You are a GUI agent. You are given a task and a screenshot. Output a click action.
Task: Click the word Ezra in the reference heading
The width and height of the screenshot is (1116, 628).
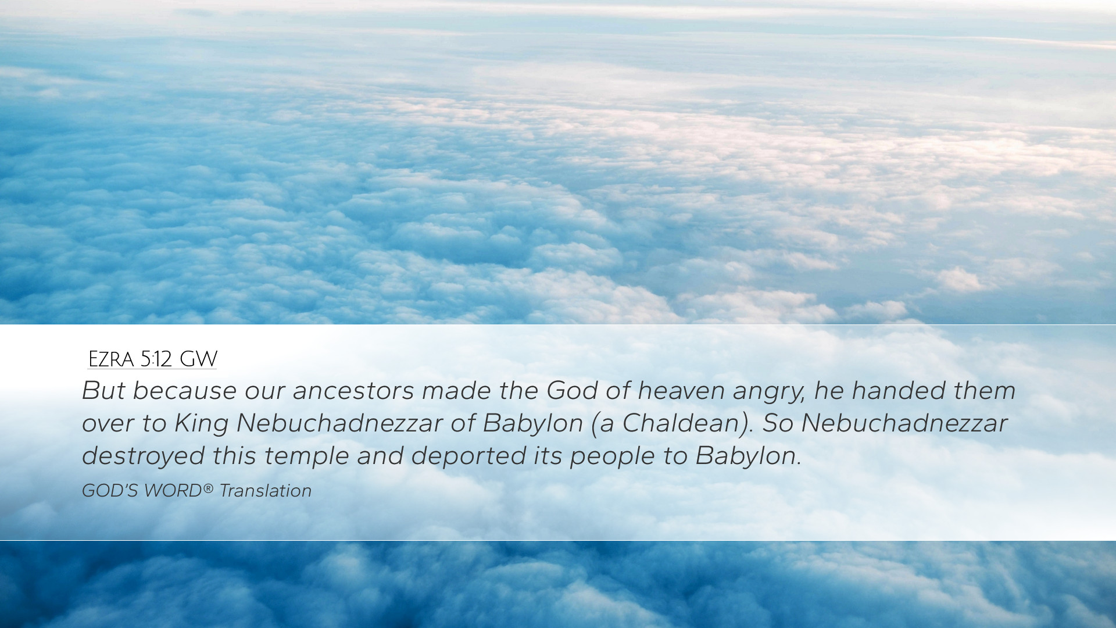(111, 359)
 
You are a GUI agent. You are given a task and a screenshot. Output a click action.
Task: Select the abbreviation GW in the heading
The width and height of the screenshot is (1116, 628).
(198, 359)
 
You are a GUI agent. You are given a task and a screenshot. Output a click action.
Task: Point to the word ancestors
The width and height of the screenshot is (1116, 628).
(353, 391)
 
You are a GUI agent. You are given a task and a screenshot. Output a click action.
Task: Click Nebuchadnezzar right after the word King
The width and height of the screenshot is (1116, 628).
(339, 423)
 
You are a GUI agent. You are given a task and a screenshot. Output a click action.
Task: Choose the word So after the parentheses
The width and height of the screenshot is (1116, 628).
(778, 423)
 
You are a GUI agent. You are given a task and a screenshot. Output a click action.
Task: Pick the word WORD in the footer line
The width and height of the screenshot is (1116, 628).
(172, 491)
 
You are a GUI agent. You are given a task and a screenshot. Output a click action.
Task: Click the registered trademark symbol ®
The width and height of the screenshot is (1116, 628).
(208, 488)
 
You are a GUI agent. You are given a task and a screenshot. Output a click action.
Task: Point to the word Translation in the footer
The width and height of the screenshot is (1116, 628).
(266, 491)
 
